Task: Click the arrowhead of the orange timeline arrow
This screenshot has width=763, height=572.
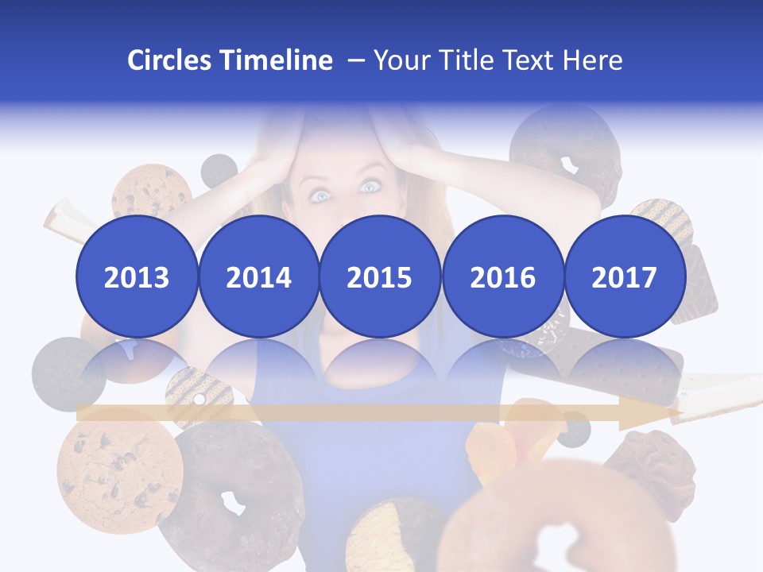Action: click(x=648, y=413)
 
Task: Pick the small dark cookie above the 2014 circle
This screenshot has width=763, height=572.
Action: click(x=219, y=169)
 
